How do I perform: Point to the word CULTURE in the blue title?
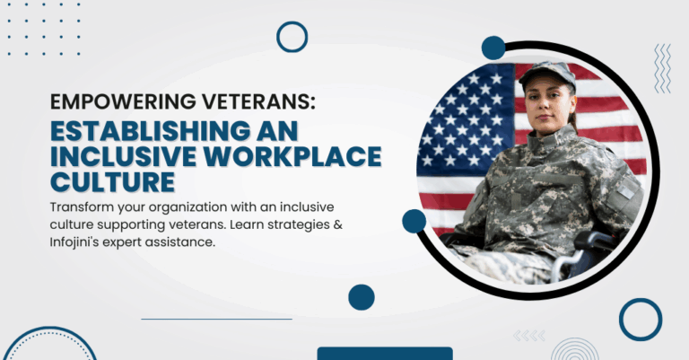tap(113, 182)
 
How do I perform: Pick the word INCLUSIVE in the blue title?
tap(123, 156)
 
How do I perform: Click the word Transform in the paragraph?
tap(82, 207)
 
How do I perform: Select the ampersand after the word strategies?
tap(338, 224)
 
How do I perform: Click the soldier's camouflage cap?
tap(547, 74)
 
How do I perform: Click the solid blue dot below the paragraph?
tap(362, 297)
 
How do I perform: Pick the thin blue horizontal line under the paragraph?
tap(216, 319)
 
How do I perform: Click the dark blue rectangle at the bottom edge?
tap(385, 354)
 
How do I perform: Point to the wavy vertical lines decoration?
tap(663, 68)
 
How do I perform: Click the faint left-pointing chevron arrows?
tap(529, 336)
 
